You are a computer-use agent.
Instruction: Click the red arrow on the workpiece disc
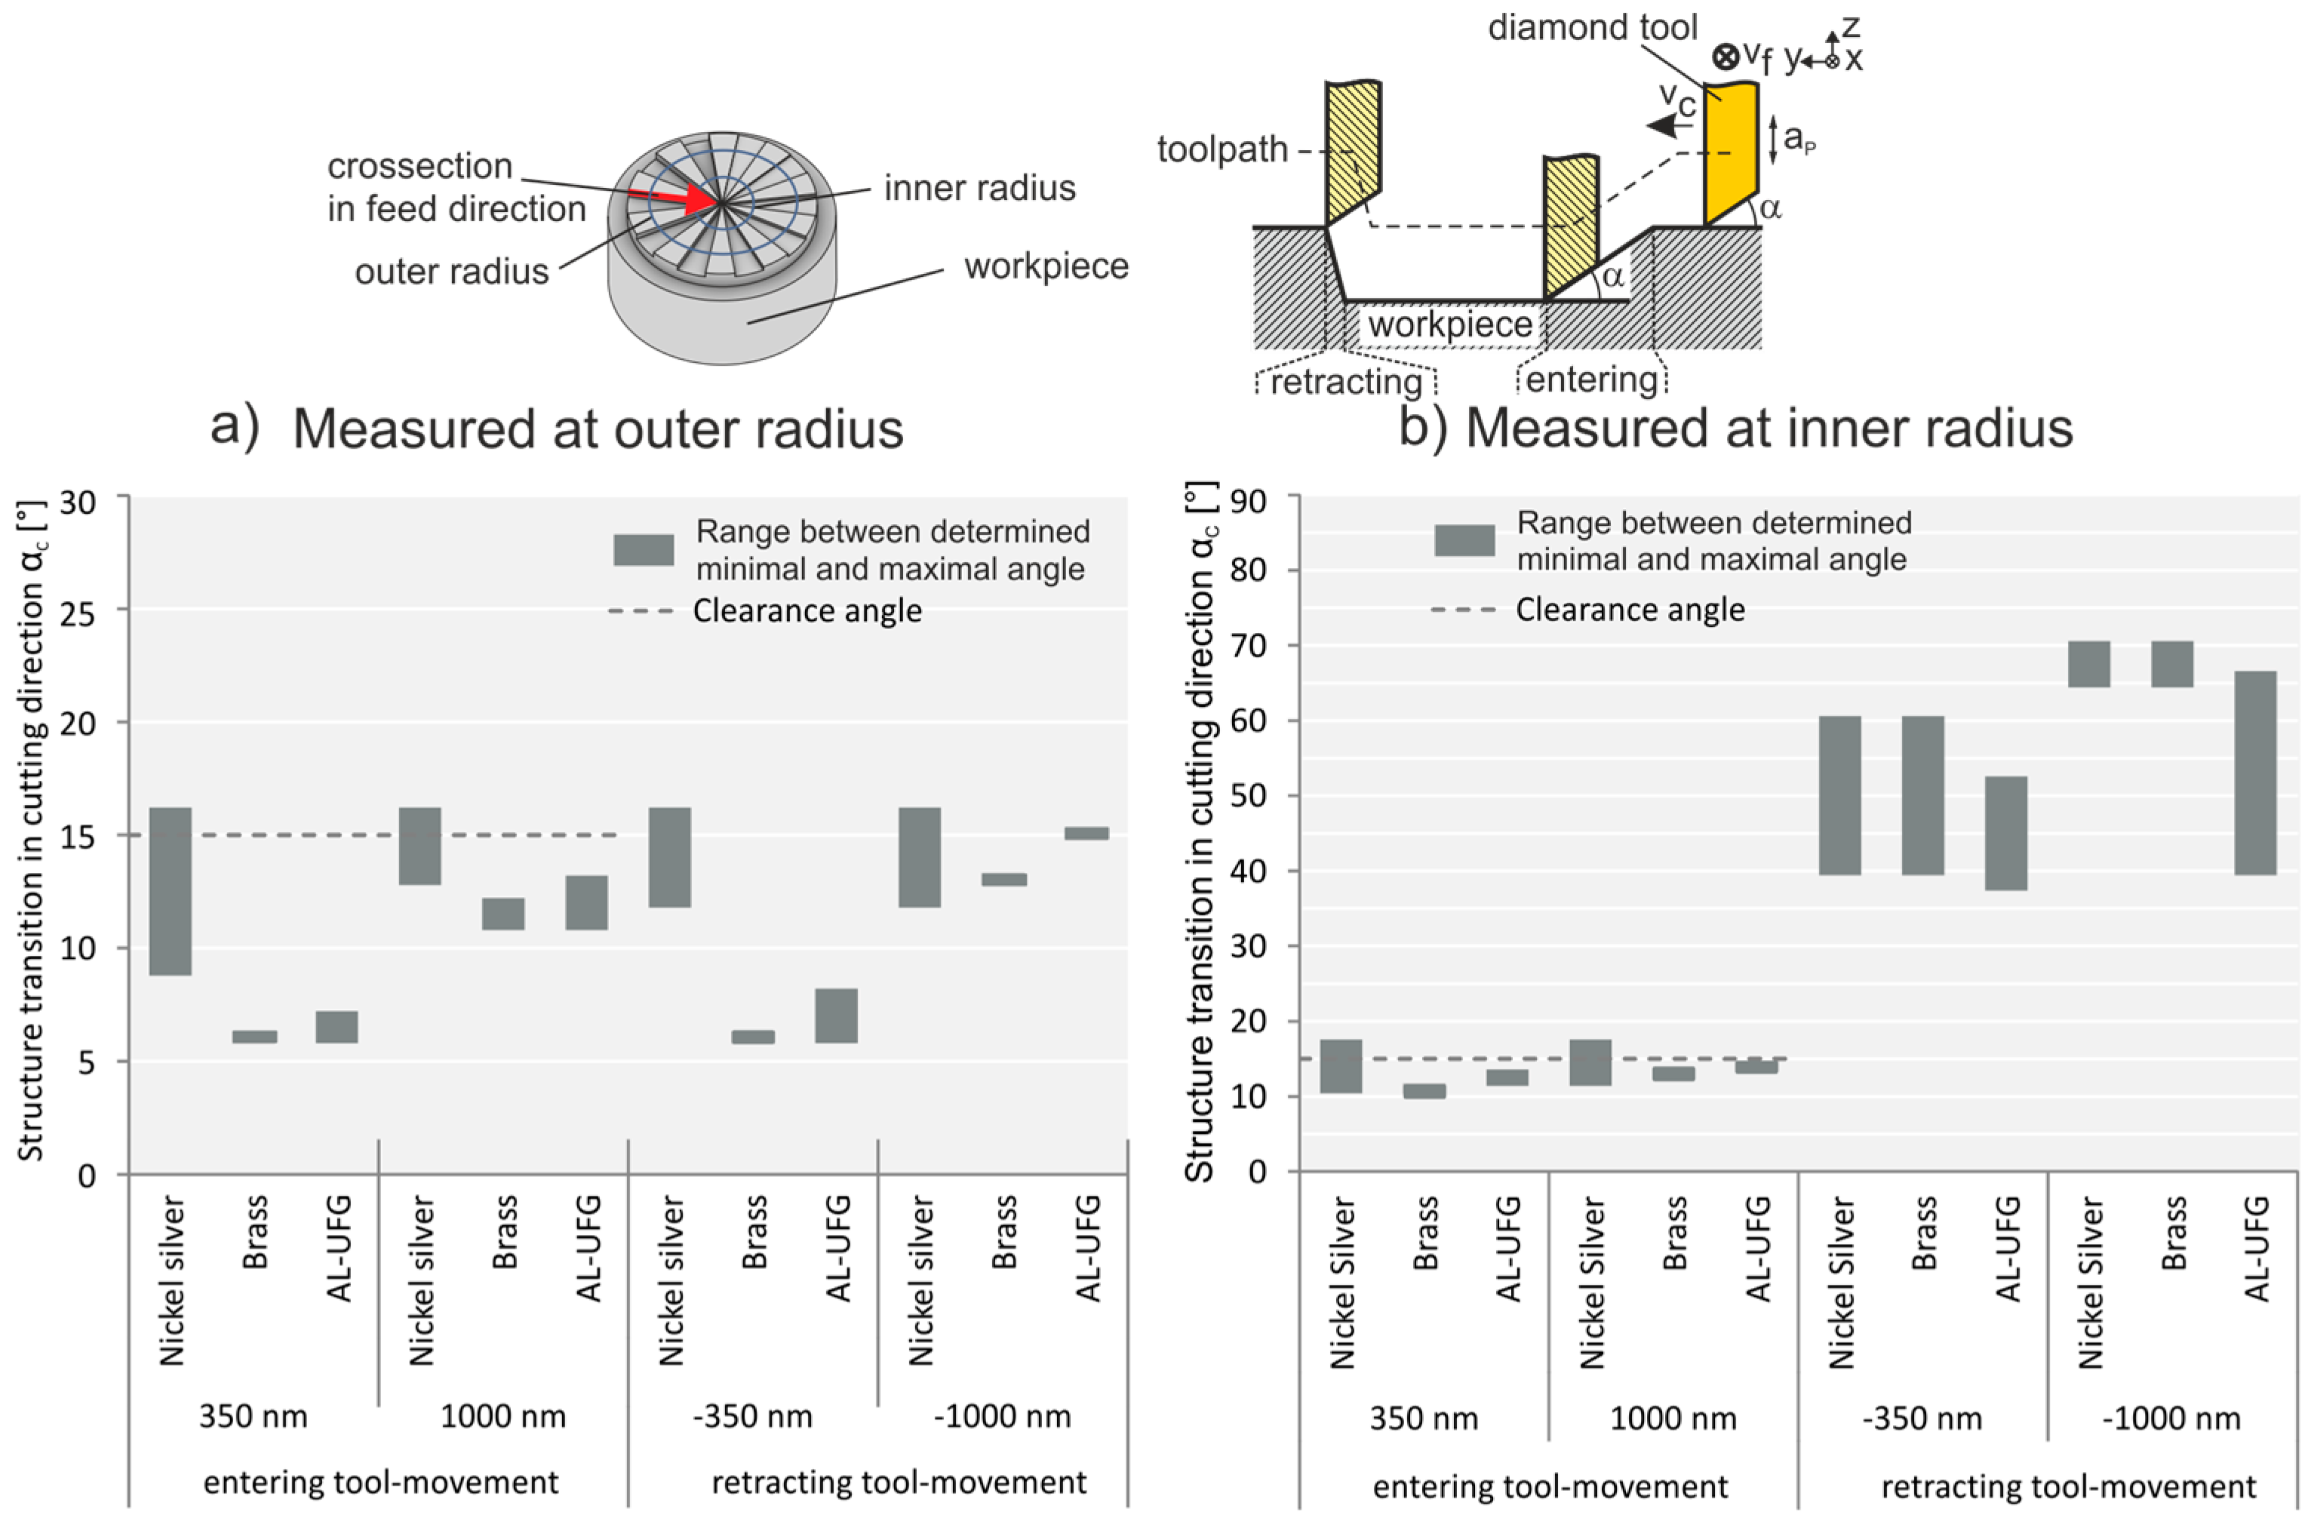[x=681, y=198]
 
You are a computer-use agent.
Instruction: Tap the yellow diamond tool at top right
[x=1731, y=155]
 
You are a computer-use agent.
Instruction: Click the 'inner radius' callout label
[x=979, y=188]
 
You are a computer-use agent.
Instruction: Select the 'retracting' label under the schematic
[x=1345, y=382]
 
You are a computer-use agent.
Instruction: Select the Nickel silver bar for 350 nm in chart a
[x=171, y=890]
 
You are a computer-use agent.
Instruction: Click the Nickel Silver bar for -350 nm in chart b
[x=1839, y=795]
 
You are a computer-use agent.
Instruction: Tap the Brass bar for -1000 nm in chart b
[x=2172, y=664]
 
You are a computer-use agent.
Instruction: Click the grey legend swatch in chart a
[x=643, y=549]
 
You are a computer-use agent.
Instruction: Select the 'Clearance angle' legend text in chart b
[x=1630, y=610]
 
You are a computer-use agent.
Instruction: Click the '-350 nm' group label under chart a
[x=752, y=1416]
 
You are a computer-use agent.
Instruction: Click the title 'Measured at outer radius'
[x=598, y=429]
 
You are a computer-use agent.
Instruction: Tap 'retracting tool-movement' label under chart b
[x=2068, y=1486]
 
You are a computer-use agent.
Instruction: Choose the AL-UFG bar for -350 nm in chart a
[x=836, y=1015]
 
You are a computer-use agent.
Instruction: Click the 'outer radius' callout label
[x=451, y=271]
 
